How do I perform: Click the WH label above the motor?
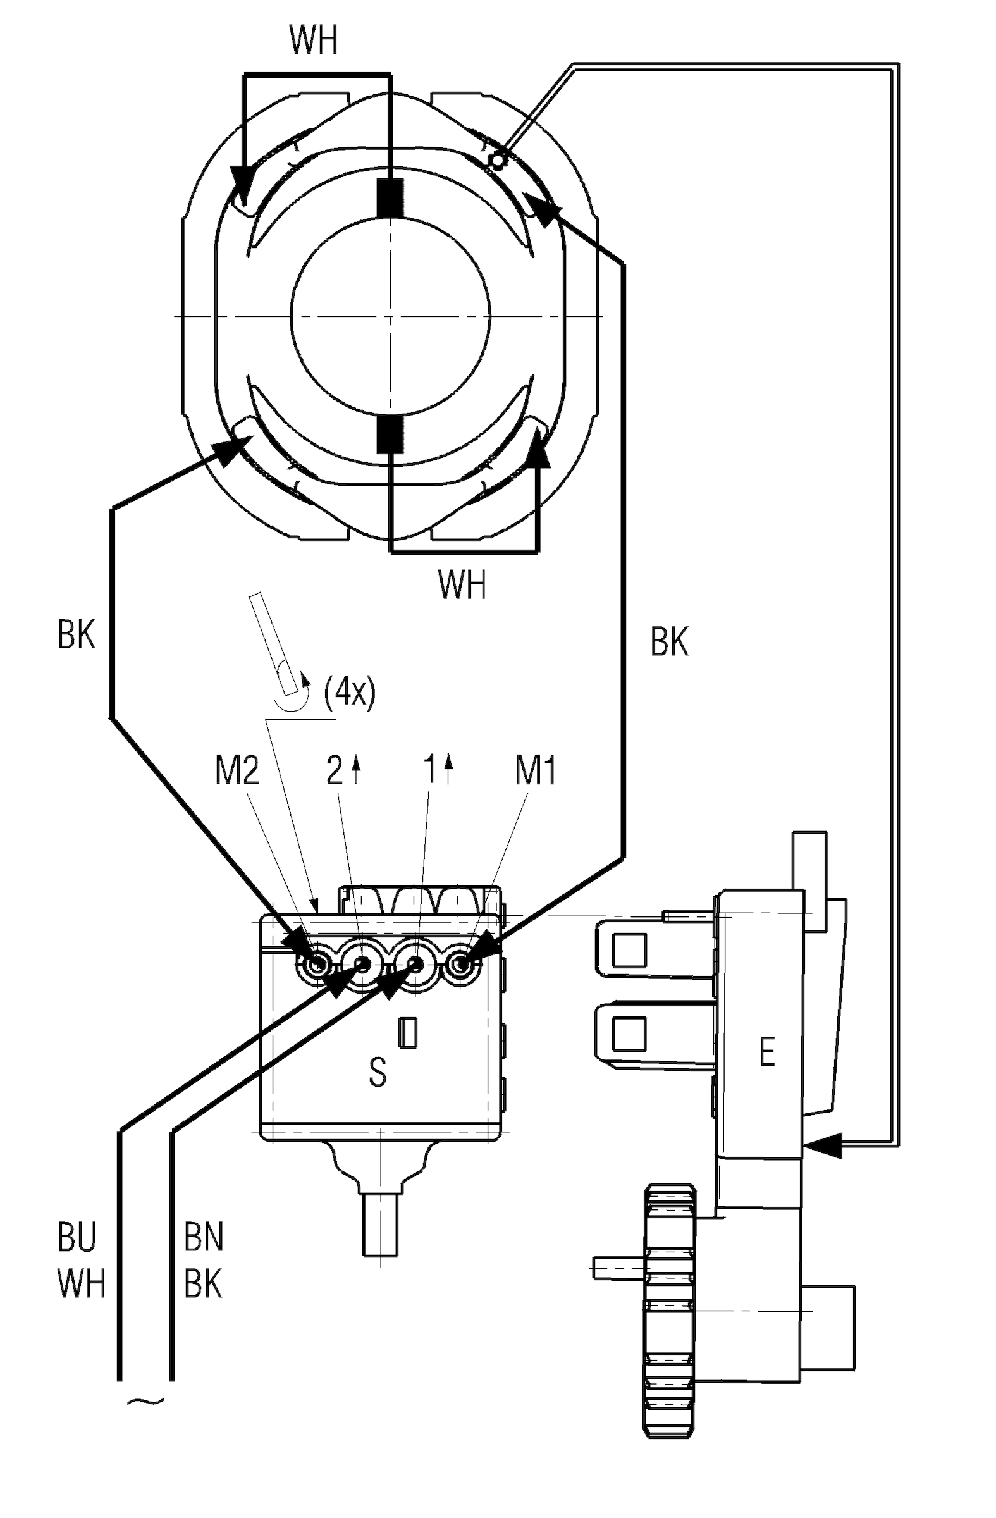313,40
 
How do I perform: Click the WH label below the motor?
462,584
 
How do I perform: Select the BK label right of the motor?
670,641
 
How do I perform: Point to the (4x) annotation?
350,691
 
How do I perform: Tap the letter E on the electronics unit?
767,1052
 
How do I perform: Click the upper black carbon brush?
390,198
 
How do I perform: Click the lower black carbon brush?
390,435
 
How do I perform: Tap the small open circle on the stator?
496,160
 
